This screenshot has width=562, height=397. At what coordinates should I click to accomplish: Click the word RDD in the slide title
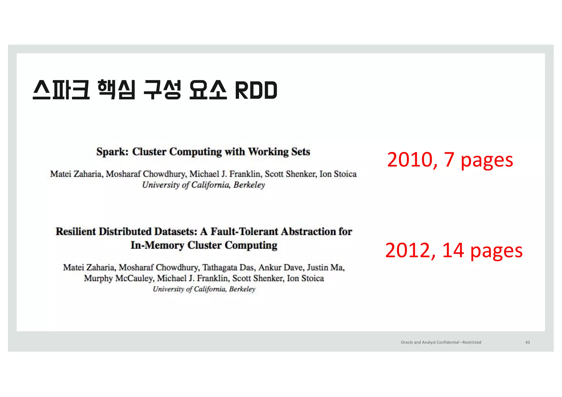coord(256,91)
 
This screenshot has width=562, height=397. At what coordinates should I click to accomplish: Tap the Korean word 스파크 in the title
coord(61,90)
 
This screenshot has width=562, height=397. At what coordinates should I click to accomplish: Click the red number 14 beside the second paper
coord(453,250)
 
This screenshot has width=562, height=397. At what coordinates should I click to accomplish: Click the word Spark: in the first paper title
coord(112,152)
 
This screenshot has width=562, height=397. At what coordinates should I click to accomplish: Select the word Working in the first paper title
coord(268,152)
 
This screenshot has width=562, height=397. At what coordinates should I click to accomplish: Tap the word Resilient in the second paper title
coord(76,232)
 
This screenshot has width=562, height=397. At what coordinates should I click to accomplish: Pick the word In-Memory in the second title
coord(157,245)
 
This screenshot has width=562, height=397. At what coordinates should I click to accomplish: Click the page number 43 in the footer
coord(527,342)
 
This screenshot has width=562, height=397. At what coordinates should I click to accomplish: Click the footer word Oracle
coord(407,342)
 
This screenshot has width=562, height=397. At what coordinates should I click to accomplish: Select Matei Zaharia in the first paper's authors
coord(76,174)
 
